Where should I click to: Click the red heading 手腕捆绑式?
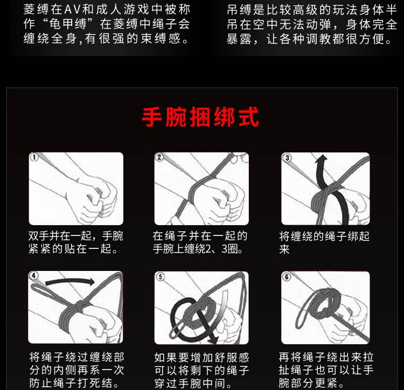pos(200,117)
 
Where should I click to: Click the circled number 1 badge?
pos(34,157)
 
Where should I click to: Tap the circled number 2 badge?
pos(159,157)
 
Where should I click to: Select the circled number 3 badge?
pos(287,157)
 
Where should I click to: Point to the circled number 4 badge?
pos(34,276)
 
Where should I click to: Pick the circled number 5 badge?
pos(161,277)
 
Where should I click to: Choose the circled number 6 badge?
pos(287,277)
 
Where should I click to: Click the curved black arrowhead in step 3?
pos(321,159)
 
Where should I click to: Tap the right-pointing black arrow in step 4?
pos(70,282)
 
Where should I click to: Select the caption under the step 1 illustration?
pos(76,242)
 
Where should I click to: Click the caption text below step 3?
pos(324,242)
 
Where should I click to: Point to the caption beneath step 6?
pos(326,370)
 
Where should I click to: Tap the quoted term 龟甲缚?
pos(68,24)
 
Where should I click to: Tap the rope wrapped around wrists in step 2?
pos(197,191)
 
